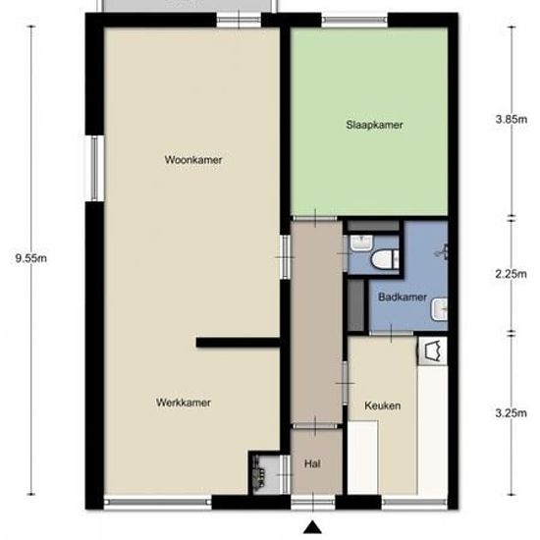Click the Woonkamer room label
[x=193, y=160]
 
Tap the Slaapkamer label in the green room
[x=374, y=125]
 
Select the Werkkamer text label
[x=184, y=403]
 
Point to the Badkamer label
[x=403, y=297]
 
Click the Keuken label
[x=382, y=405]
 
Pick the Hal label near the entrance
[x=312, y=463]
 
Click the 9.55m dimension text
[x=31, y=258]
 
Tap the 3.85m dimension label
[x=512, y=119]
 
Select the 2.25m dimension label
[x=512, y=274]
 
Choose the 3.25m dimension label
[x=512, y=413]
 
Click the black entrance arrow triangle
[x=312, y=527]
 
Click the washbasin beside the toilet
[x=361, y=243]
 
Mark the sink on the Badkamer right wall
[x=440, y=309]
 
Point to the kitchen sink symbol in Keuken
[x=433, y=351]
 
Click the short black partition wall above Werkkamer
[x=238, y=343]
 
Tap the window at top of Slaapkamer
[x=354, y=20]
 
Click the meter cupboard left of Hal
[x=267, y=474]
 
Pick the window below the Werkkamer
[x=157, y=503]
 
